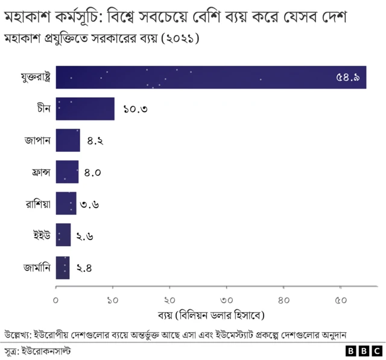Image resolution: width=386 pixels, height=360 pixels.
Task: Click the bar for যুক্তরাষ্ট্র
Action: tap(210, 77)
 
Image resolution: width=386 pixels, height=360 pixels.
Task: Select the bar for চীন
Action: tap(85, 109)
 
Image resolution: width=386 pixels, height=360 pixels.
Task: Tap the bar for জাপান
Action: tap(68, 141)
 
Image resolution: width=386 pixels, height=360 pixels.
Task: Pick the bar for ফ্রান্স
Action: tap(67, 172)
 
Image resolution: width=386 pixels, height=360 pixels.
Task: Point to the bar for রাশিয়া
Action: tap(66, 204)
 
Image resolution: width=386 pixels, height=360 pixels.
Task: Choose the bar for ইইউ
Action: tap(63, 235)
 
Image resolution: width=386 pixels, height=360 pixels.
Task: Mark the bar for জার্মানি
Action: tap(62, 267)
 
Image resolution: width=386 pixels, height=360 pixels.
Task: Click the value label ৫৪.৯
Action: tap(349, 78)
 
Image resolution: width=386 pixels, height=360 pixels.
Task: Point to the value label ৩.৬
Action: tap(89, 204)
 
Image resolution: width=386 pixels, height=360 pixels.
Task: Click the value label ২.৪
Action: tap(84, 268)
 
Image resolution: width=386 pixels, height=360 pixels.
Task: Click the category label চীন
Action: tap(43, 109)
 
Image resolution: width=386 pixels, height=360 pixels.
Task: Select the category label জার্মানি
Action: tap(36, 267)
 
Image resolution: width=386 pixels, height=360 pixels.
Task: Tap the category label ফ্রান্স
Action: tap(38, 172)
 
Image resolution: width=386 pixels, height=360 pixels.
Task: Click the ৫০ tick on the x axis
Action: tap(340, 300)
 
